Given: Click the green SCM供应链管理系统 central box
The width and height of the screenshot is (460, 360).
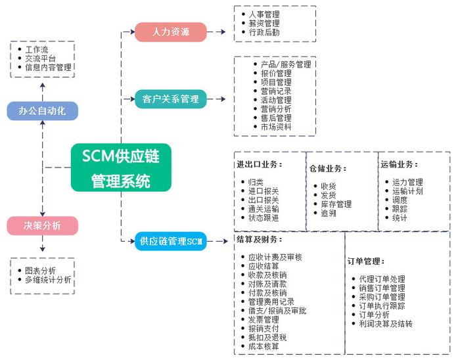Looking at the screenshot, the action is [121, 168].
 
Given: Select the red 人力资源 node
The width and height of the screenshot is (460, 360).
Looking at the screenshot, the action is [171, 32].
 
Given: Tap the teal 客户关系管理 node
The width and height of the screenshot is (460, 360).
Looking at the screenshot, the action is [171, 99].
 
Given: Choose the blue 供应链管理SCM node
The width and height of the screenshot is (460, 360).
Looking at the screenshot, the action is [171, 241].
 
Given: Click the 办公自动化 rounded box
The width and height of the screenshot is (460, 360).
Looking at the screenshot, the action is [43, 111].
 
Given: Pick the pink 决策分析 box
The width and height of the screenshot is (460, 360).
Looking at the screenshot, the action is [43, 226].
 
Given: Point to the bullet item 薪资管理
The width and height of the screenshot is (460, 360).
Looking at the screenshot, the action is [264, 23].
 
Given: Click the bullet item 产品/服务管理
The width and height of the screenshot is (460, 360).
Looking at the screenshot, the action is [286, 64].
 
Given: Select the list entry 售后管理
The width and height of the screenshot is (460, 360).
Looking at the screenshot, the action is [276, 118].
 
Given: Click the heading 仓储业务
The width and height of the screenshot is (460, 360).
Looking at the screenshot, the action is [328, 169].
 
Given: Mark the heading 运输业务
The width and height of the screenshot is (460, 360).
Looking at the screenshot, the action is [399, 164].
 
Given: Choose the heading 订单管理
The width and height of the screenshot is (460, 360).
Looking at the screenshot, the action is [366, 261].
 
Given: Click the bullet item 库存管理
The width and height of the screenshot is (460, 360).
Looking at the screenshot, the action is [336, 204].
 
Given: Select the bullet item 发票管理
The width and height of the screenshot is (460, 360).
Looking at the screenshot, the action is [264, 319].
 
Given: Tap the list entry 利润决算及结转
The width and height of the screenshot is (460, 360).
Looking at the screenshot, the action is [386, 324].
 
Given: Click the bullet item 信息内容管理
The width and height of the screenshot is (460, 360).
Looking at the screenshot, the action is [48, 68].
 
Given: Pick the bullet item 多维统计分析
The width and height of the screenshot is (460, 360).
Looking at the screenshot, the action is [48, 280].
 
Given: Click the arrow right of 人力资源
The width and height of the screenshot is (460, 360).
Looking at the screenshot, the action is [216, 32].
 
